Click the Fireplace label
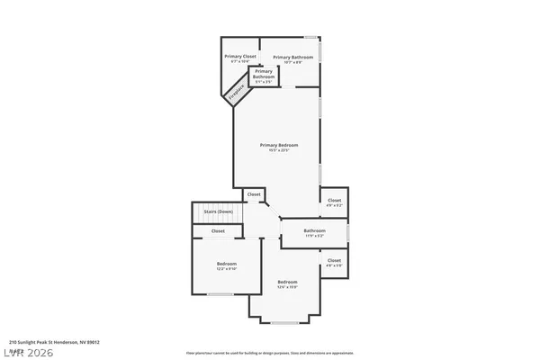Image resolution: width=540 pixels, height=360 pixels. [237, 92]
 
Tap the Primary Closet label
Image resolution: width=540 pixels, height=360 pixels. [240, 57]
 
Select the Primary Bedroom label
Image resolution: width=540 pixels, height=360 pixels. [279, 145]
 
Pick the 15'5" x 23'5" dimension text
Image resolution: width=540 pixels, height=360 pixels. [279, 150]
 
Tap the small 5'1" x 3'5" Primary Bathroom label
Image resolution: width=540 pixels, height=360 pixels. [289, 82]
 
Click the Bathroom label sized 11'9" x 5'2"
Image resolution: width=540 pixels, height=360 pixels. [314, 230]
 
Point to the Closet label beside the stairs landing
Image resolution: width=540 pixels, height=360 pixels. [254, 193]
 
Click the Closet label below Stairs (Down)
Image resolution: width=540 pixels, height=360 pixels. [219, 231]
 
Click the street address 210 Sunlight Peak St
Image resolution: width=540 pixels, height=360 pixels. [54, 342]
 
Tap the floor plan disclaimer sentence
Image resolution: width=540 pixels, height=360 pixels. [269, 353]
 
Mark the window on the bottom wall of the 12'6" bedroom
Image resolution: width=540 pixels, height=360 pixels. [285, 322]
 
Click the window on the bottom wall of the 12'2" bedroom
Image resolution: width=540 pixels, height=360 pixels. [220, 293]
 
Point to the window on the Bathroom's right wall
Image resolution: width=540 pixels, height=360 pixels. [348, 232]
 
